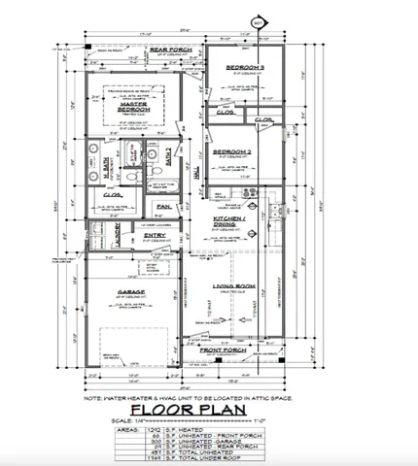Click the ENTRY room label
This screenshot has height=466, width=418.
point(155,235)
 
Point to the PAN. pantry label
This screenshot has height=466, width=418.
point(162,206)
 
